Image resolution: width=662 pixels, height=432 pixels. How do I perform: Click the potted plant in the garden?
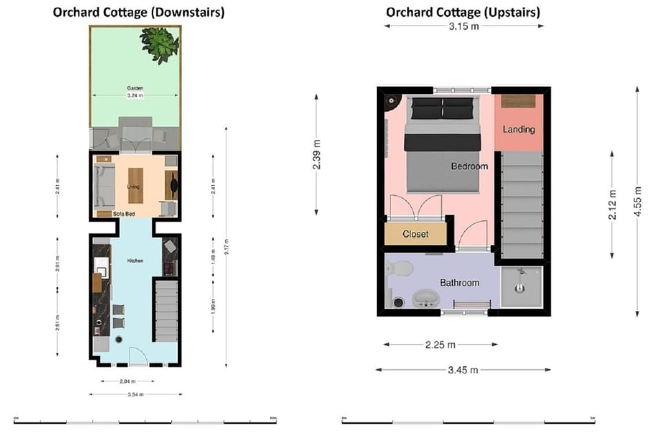click(x=159, y=45)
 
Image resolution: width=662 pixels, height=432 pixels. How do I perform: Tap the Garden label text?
click(x=134, y=88)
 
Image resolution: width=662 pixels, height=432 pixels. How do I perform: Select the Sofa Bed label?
click(x=124, y=214)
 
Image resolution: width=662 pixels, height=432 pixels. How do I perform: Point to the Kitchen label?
click(x=135, y=261)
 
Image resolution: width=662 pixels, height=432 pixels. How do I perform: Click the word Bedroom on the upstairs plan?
click(x=469, y=166)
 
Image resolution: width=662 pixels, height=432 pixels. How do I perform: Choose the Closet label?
click(x=415, y=234)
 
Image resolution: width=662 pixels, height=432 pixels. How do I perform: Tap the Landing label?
click(x=519, y=129)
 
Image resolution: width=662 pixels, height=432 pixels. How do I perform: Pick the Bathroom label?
click(x=459, y=282)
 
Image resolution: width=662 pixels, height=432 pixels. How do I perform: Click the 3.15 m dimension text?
click(x=463, y=27)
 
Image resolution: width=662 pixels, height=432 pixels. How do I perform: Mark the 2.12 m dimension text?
click(x=612, y=206)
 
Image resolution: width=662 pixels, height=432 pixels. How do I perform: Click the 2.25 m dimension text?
click(x=440, y=344)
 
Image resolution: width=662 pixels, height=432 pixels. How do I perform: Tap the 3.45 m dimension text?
click(x=463, y=370)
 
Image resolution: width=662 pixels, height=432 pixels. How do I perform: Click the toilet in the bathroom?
click(x=401, y=268)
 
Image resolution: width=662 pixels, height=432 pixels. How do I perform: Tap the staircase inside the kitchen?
click(x=165, y=310)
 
